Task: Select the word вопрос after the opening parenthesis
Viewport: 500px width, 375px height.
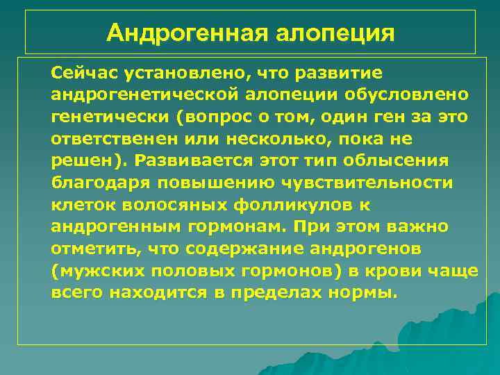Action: point(217,117)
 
